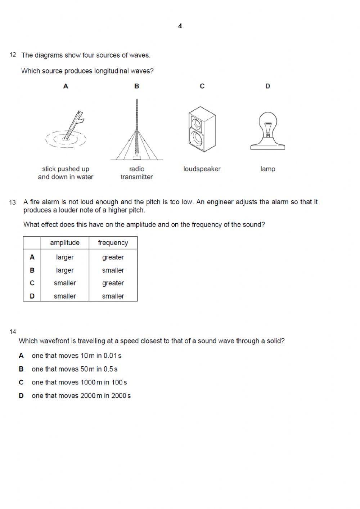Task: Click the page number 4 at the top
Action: tap(180, 26)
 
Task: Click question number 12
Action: tap(13, 55)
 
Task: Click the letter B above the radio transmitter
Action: tap(137, 86)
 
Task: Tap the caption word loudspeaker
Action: tap(202, 169)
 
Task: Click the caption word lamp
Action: tap(267, 169)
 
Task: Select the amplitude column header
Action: tap(65, 243)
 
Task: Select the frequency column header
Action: tap(113, 243)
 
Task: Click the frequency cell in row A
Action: tap(113, 257)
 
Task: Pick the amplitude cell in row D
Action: tap(65, 296)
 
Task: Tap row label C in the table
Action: tap(32, 283)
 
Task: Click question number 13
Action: tap(13, 202)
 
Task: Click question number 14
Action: tap(13, 332)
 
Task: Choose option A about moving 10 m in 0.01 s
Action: tap(76, 356)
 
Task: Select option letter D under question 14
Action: tap(21, 396)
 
